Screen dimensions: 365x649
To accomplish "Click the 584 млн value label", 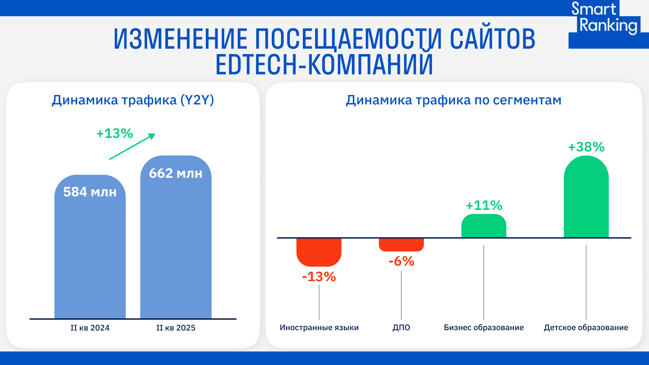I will (90, 192).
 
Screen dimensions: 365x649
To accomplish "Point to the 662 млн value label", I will (176, 173).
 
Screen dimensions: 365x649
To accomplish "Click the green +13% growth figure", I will (115, 133).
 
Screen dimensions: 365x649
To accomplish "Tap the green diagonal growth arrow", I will (132, 146).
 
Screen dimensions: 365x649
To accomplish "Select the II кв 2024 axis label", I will (90, 328).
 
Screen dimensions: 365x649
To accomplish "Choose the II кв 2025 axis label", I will (176, 328).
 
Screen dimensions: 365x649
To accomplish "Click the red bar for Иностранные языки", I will (319, 252).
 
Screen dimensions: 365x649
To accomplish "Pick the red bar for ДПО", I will (401, 244).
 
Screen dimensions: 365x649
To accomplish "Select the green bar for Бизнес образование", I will (484, 226).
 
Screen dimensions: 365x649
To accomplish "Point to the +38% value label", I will (586, 147).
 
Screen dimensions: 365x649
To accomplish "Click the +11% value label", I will (484, 205).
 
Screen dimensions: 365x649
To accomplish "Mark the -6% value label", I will (401, 261).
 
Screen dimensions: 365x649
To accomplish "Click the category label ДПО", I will (401, 327).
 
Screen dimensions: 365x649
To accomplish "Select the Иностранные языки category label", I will (319, 327).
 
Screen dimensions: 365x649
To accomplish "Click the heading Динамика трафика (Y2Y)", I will (133, 100).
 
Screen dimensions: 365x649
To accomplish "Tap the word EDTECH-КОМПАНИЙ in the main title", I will (324, 64).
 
